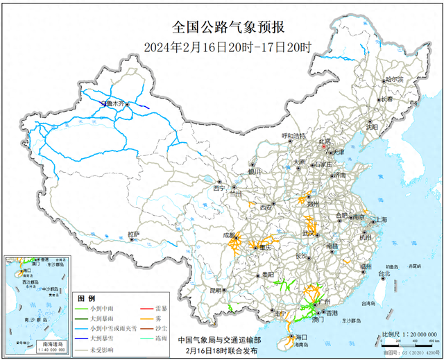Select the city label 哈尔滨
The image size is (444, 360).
click(x=393, y=80)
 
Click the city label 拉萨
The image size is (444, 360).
click(x=134, y=234)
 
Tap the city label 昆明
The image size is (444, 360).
click(x=218, y=290)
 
